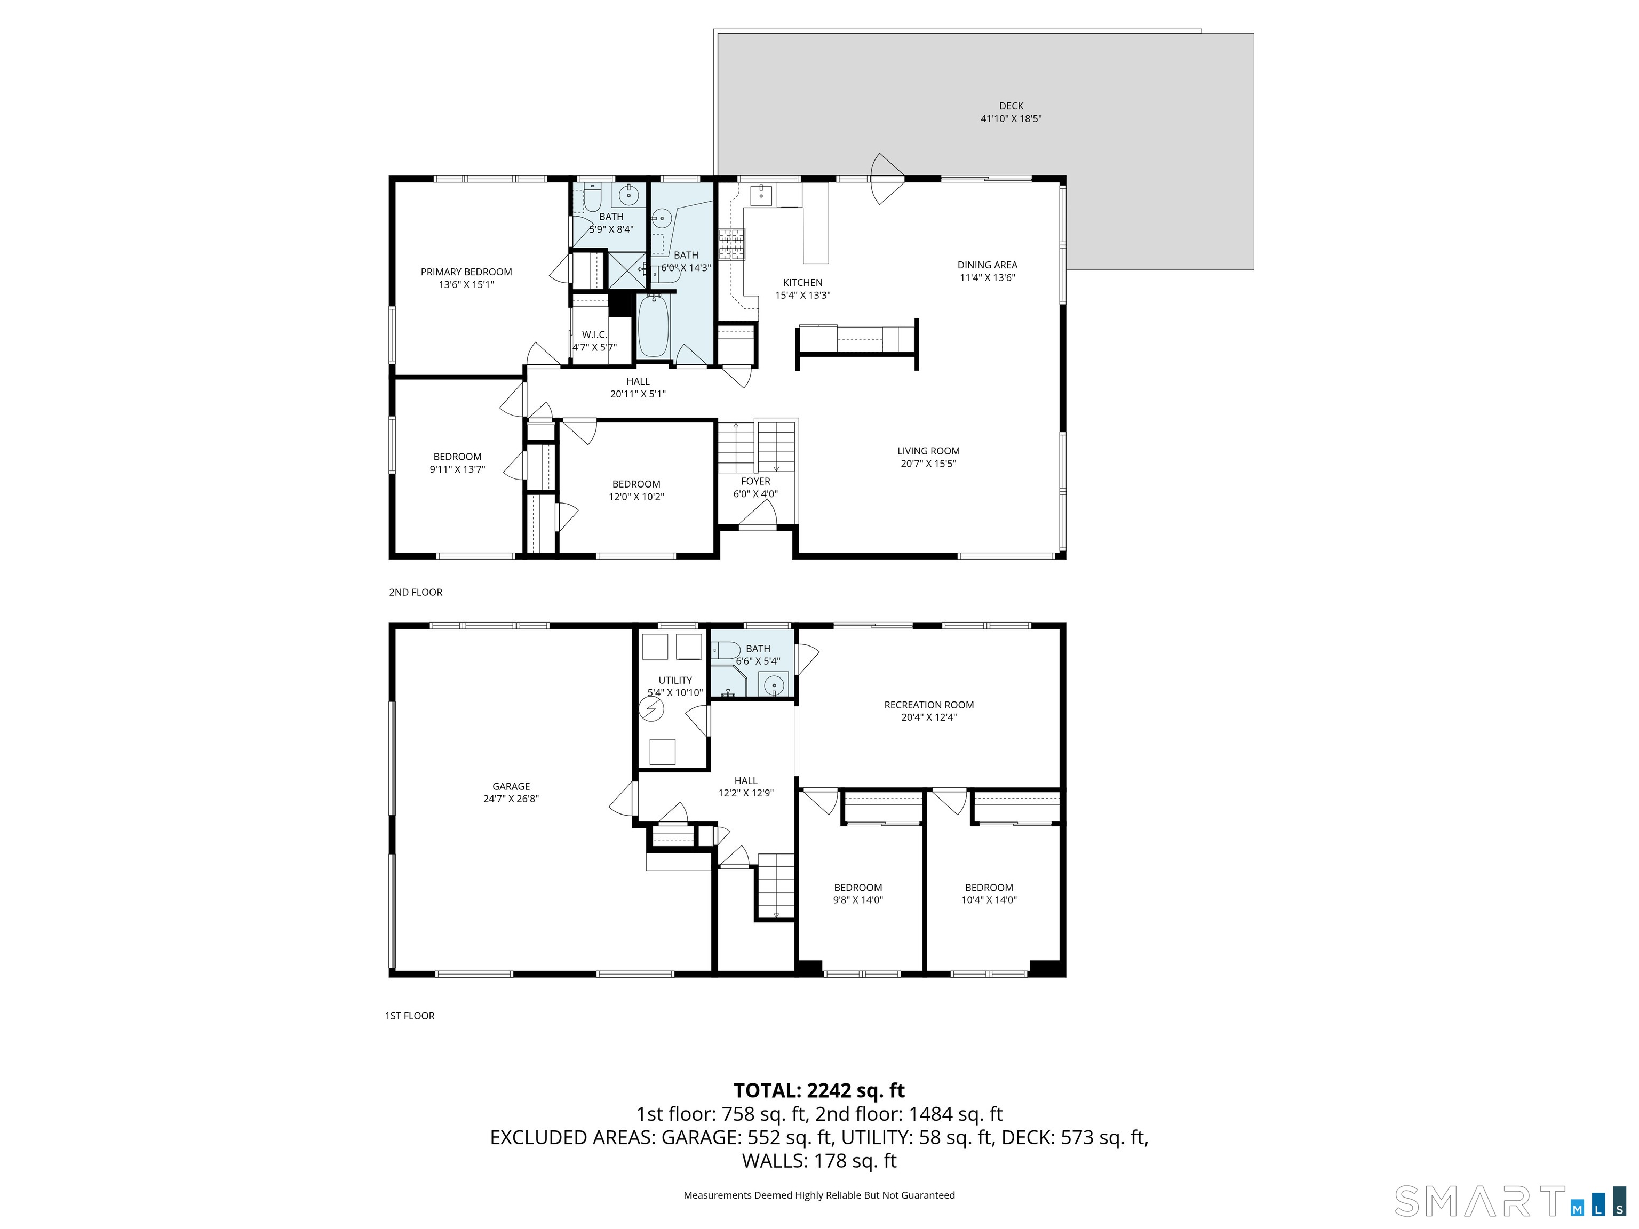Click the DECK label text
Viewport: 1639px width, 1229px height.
(x=1011, y=106)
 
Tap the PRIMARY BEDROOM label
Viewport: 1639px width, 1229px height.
(x=466, y=272)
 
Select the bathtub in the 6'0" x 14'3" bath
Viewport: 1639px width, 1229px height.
(x=654, y=326)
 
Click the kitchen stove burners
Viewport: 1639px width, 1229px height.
(x=731, y=244)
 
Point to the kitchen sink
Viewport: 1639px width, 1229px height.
(x=761, y=196)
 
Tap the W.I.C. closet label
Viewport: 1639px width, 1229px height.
(x=594, y=335)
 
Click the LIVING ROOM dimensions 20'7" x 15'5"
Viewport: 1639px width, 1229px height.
(x=928, y=464)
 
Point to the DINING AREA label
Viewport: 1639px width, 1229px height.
(x=987, y=265)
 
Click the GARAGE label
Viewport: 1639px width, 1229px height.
(x=511, y=787)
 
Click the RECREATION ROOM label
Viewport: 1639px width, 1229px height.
(x=928, y=705)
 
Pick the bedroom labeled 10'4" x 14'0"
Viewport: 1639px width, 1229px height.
(x=989, y=893)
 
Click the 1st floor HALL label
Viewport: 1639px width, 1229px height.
(x=745, y=781)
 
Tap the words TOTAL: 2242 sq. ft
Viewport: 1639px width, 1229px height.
(x=819, y=1090)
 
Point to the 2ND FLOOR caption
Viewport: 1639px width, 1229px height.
(x=415, y=592)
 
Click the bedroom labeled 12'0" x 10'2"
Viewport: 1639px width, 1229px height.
(x=636, y=490)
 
